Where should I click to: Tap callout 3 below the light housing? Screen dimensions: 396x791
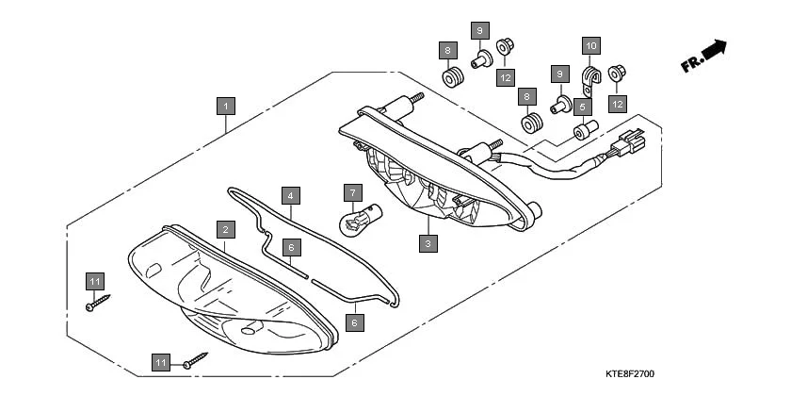[x=428, y=242]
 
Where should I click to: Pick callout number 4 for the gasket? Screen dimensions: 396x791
[x=291, y=196]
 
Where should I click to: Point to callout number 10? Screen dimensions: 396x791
[x=590, y=45]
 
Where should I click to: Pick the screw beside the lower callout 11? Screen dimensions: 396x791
[x=196, y=357]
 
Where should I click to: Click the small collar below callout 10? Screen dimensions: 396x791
[x=583, y=127]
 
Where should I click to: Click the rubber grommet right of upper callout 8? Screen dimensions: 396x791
[x=453, y=75]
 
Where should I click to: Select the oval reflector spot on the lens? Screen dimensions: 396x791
[x=251, y=328]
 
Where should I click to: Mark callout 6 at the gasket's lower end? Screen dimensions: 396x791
[x=353, y=322]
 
